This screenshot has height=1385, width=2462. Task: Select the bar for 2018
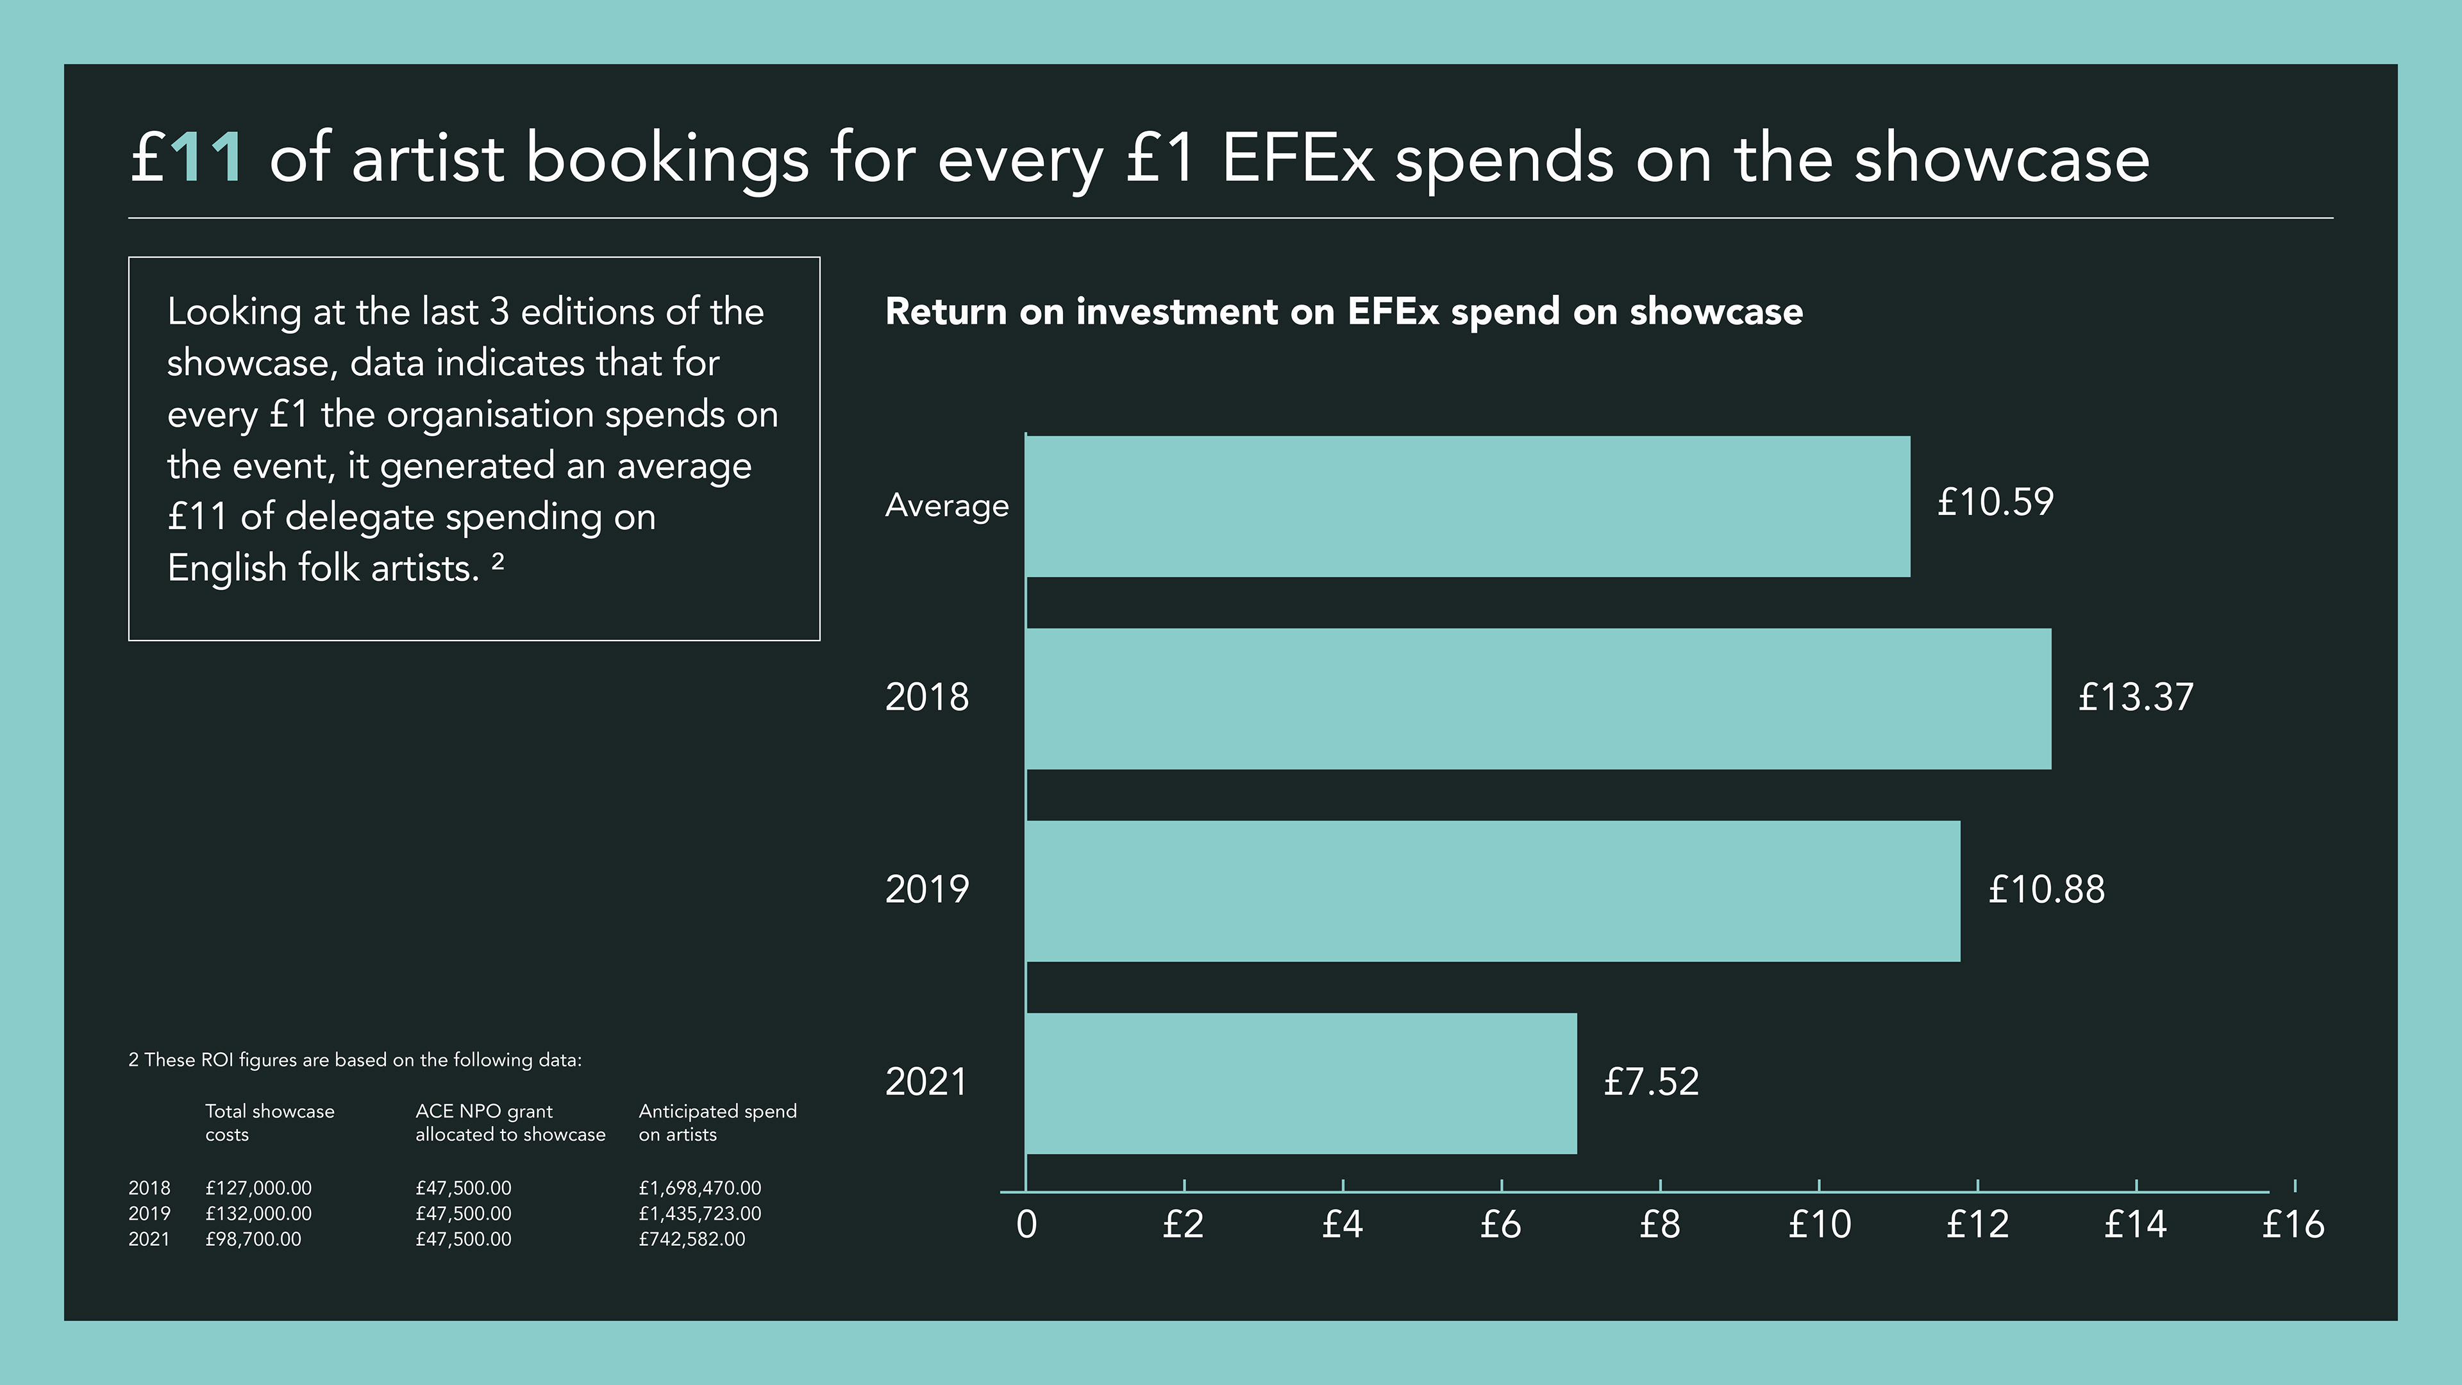(x=1539, y=699)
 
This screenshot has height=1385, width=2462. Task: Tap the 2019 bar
(x=1493, y=891)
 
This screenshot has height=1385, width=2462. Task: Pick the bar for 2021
(x=1302, y=1083)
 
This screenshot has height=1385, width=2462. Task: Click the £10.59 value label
(x=1995, y=503)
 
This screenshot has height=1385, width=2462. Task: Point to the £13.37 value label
(x=2135, y=697)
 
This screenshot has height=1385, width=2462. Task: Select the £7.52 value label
(x=1650, y=1082)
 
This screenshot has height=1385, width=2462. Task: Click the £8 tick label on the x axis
(x=1659, y=1225)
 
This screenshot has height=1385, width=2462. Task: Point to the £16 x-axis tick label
(x=2293, y=1225)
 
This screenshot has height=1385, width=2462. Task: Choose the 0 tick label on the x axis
(x=1026, y=1225)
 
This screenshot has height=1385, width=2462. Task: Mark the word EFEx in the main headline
(x=1297, y=158)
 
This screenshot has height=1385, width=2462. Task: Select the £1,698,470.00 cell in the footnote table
(x=699, y=1188)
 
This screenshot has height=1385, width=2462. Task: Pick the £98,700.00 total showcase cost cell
(x=253, y=1239)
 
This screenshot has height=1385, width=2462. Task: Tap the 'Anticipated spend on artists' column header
(x=717, y=1122)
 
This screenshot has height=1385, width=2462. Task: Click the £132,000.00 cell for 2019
(x=258, y=1213)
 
